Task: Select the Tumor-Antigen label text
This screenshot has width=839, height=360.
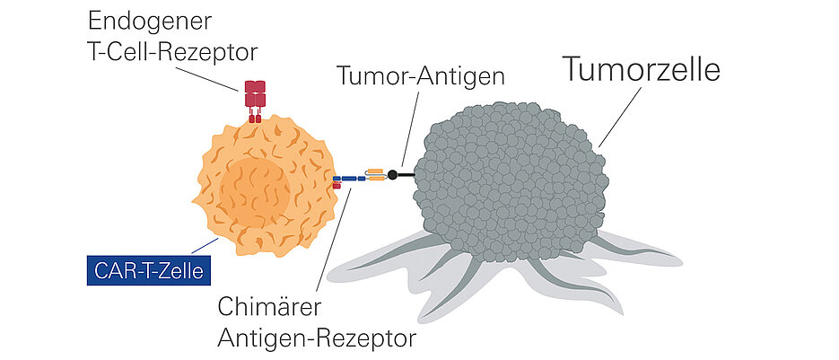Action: [x=420, y=76]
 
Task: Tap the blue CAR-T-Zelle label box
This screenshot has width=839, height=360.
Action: [x=144, y=269]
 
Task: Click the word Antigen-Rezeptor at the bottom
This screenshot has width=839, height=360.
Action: [x=318, y=339]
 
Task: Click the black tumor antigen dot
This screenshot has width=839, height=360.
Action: [x=392, y=174]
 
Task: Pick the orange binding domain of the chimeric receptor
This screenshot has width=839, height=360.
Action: [x=374, y=174]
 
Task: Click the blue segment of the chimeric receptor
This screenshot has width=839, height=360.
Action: [x=348, y=179]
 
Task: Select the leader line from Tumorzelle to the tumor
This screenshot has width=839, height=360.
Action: [x=614, y=118]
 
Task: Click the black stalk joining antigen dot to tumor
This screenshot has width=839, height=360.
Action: [x=406, y=174]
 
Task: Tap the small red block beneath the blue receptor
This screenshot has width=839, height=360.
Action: [x=337, y=186]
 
